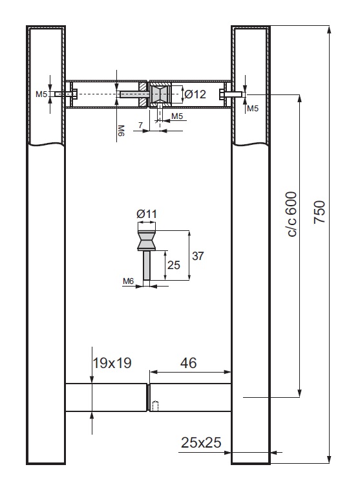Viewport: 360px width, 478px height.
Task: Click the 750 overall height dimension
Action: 319,212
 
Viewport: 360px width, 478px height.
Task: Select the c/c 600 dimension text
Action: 291,214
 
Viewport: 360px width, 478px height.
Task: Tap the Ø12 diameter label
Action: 195,94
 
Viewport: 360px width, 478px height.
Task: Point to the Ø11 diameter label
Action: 147,213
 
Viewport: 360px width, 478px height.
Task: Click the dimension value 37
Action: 198,255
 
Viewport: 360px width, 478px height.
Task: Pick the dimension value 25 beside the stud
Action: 174,265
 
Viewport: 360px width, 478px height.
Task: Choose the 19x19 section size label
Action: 112,363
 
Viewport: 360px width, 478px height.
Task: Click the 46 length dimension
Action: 189,363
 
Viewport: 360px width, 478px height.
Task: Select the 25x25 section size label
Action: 201,442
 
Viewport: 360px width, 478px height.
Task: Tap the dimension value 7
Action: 140,125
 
